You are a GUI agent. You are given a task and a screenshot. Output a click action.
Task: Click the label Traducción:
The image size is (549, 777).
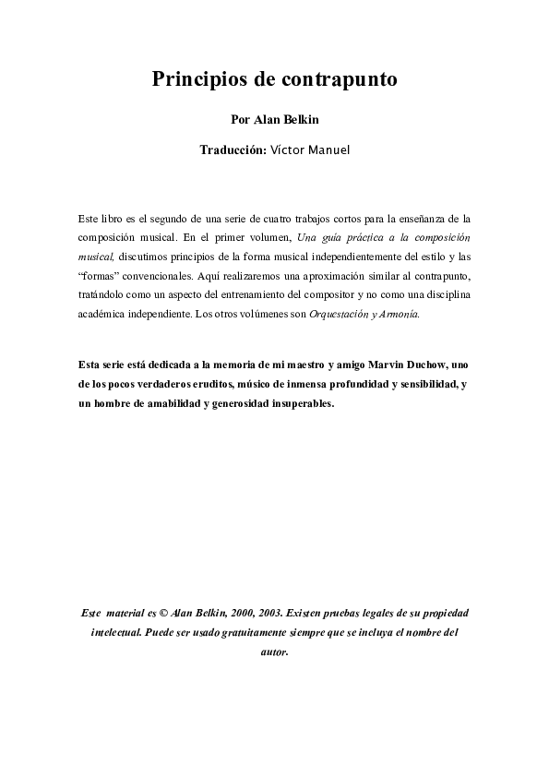tap(233, 149)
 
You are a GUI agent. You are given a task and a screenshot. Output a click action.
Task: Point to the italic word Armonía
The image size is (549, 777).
tap(400, 314)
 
